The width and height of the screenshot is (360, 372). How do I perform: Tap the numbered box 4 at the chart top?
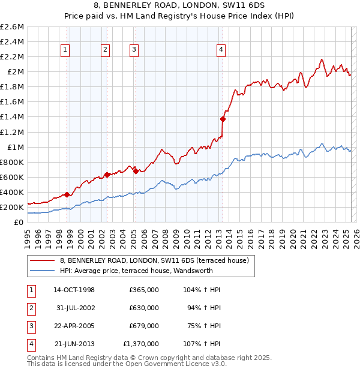click(x=221, y=50)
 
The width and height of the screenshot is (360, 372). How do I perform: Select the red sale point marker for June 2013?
click(x=223, y=119)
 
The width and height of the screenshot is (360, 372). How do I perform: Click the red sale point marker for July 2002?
click(x=107, y=175)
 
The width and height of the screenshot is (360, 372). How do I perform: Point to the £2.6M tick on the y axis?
click(x=13, y=27)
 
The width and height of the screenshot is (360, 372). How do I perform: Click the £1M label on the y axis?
click(x=15, y=147)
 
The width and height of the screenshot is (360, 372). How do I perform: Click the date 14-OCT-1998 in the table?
click(x=74, y=290)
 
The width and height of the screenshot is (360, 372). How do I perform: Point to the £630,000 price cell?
click(x=144, y=308)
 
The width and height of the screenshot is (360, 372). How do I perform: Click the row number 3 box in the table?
click(x=30, y=326)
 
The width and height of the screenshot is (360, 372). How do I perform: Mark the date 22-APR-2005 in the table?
click(x=74, y=326)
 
